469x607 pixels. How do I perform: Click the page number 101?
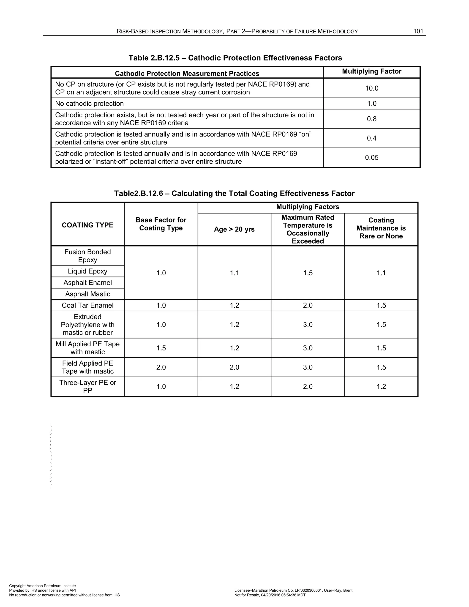pyautogui.click(x=418, y=31)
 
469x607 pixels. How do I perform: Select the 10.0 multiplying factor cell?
pyautogui.click(x=371, y=88)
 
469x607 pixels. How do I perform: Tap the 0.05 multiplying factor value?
pyautogui.click(x=371, y=158)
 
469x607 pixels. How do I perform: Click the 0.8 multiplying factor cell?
pyautogui.click(x=371, y=119)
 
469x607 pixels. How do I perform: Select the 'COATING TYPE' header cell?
pyautogui.click(x=87, y=225)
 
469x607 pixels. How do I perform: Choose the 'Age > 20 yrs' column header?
pyautogui.click(x=234, y=229)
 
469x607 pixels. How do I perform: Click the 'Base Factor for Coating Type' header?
pyautogui.click(x=161, y=224)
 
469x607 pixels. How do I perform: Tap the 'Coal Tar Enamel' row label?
pyautogui.click(x=87, y=305)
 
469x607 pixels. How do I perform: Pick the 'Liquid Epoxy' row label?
pyautogui.click(x=87, y=271)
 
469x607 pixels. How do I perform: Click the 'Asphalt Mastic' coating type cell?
pyautogui.click(x=87, y=294)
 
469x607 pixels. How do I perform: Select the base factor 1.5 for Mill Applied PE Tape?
pyautogui.click(x=161, y=348)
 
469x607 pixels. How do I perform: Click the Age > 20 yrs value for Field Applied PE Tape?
pyautogui.click(x=234, y=367)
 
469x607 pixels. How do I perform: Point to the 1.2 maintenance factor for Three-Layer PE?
pyautogui.click(x=381, y=387)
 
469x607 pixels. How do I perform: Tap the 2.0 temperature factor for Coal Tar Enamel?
pyautogui.click(x=308, y=305)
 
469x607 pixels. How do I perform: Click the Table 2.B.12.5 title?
pyautogui.click(x=235, y=58)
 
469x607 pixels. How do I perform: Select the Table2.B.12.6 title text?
pyautogui.click(x=234, y=194)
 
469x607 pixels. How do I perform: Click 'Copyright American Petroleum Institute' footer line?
pyautogui.click(x=42, y=586)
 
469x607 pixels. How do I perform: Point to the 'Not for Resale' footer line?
pyautogui.click(x=270, y=595)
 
